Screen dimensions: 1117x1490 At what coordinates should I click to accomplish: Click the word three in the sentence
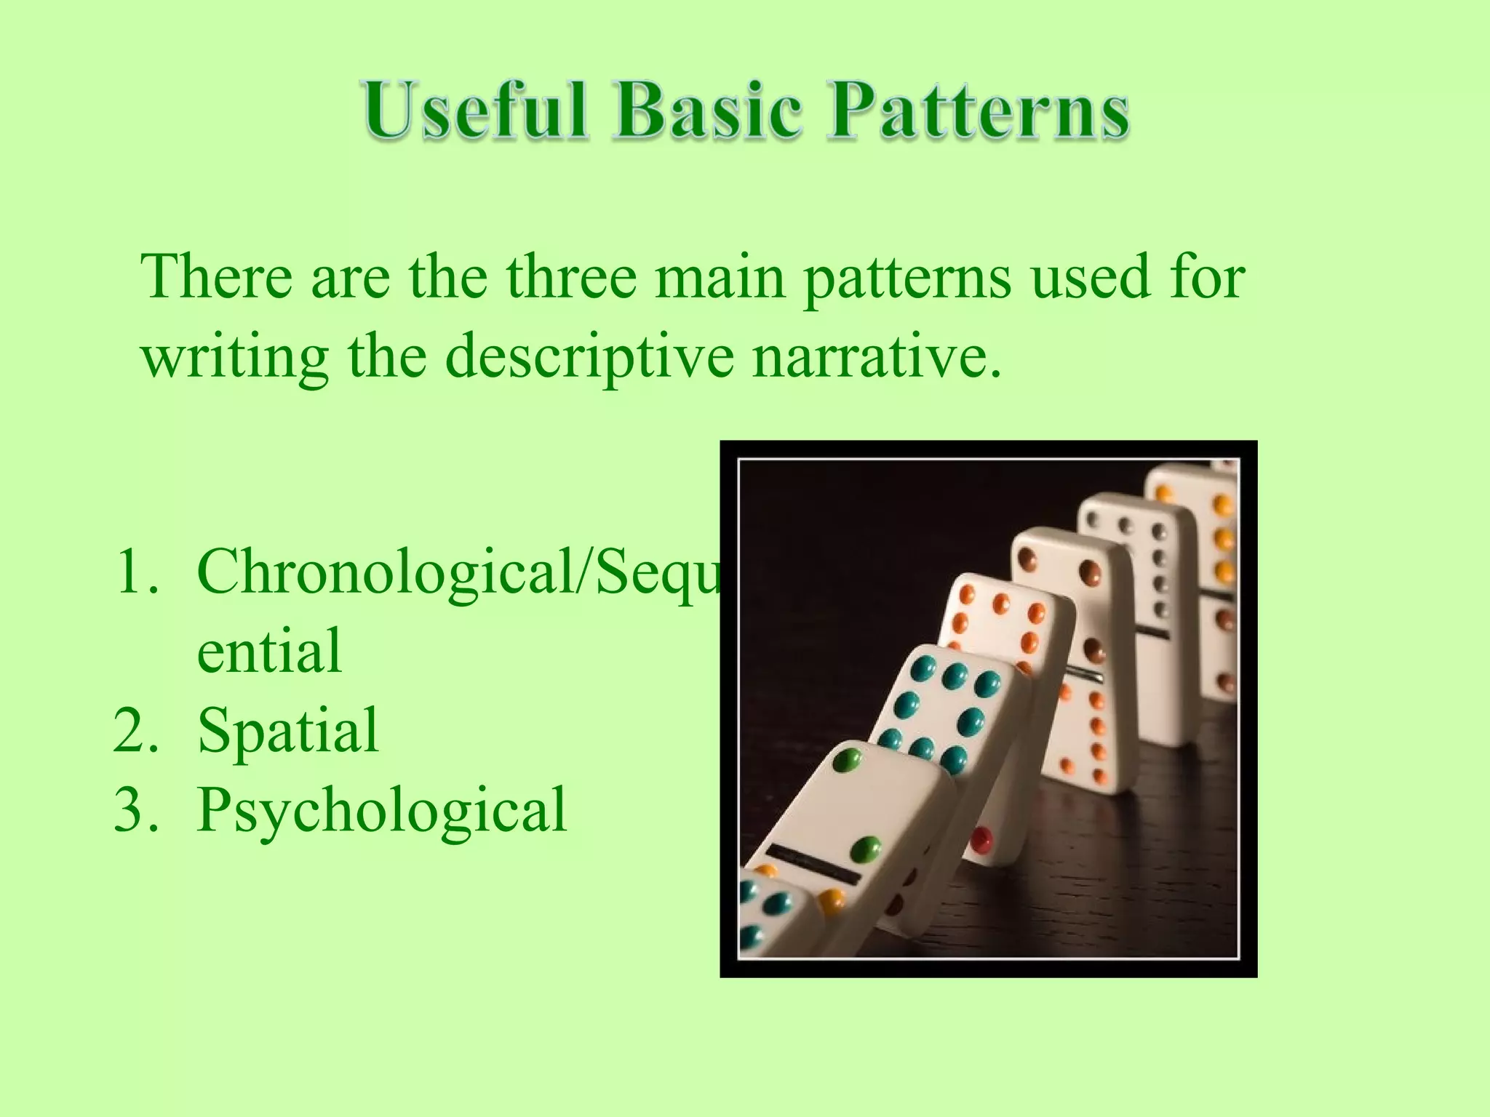[x=571, y=277]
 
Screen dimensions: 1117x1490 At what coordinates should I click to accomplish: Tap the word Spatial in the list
[x=288, y=730]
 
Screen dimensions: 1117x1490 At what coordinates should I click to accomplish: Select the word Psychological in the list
[x=381, y=810]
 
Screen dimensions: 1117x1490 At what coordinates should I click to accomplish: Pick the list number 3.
[x=135, y=809]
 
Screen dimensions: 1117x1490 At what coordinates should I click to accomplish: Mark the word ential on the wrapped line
[x=269, y=651]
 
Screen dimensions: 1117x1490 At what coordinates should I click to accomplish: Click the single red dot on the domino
[x=982, y=839]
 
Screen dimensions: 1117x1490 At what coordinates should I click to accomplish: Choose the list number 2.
[x=135, y=730]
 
